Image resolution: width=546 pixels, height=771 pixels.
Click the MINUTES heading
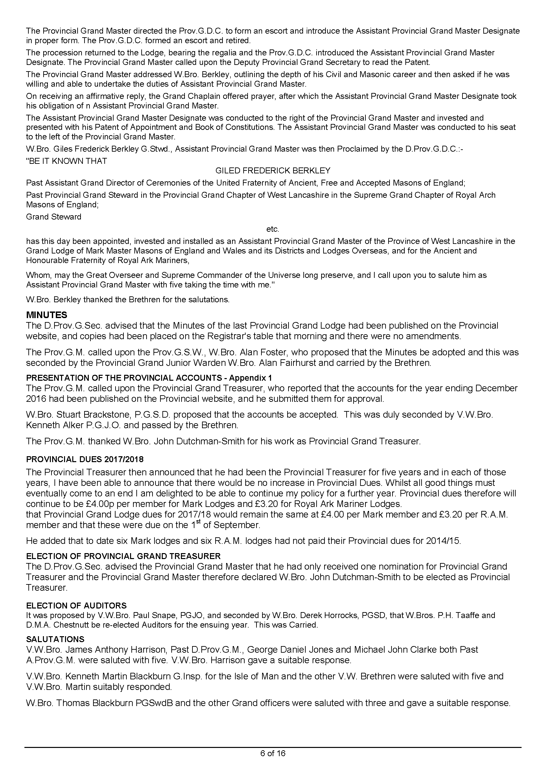click(47, 315)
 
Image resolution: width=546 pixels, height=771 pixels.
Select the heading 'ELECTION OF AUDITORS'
click(76, 606)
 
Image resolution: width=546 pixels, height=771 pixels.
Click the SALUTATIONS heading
click(55, 639)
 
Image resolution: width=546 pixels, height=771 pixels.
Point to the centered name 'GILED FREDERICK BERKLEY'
click(273, 171)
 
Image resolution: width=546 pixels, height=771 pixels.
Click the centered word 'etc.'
click(273, 229)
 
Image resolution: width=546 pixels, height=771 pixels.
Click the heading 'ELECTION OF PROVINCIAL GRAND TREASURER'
click(123, 556)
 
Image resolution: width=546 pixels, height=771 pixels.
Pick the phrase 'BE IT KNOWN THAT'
click(67, 161)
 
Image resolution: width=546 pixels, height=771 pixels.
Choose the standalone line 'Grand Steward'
click(54, 217)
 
